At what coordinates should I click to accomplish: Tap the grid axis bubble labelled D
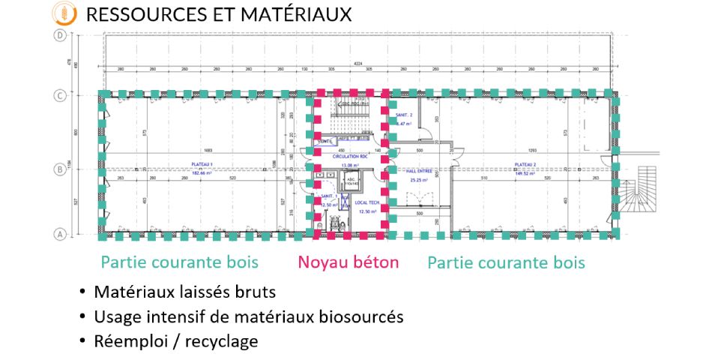coord(57,35)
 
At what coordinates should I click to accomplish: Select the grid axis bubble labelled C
coord(57,95)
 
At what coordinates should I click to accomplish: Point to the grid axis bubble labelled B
coord(57,169)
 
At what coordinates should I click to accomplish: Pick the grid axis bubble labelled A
coord(57,234)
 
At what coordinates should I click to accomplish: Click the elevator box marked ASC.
coord(351,182)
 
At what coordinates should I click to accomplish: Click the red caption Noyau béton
coord(348,262)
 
